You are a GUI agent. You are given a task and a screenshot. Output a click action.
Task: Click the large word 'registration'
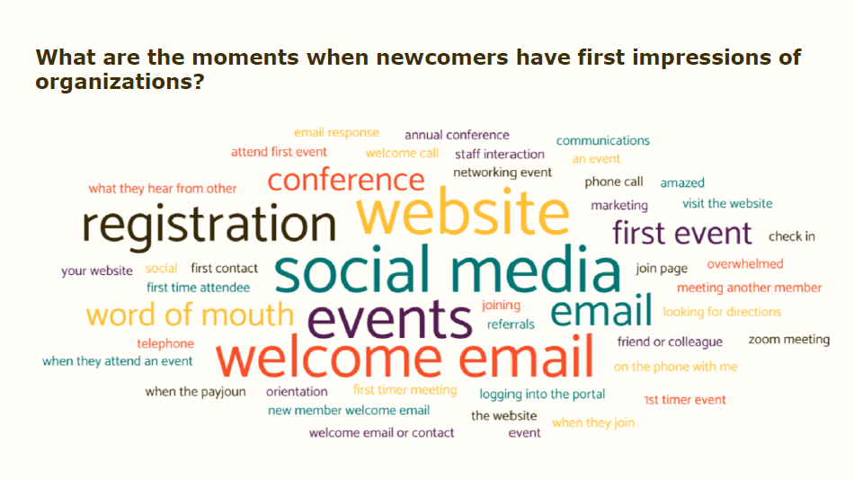[209, 226]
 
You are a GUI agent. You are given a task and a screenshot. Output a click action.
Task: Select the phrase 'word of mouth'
[190, 315]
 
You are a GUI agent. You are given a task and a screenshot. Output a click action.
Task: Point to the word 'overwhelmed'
[744, 264]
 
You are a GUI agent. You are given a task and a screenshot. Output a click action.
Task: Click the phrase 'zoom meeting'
[788, 340]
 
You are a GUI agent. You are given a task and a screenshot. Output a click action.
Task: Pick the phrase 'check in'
[791, 236]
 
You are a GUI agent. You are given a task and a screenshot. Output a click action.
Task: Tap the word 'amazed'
[682, 182]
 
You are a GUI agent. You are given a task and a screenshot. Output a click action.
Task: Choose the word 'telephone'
[165, 343]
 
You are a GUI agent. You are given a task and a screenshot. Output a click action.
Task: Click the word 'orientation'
[297, 392]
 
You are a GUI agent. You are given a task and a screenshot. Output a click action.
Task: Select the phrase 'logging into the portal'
[542, 394]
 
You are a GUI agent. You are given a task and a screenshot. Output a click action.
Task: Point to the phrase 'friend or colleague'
[670, 342]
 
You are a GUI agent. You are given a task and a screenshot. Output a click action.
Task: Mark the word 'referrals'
[511, 324]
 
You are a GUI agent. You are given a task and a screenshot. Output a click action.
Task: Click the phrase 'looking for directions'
[722, 312]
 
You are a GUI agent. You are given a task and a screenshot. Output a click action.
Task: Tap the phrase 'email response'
[336, 133]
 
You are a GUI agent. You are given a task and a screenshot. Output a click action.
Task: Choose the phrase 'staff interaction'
[499, 154]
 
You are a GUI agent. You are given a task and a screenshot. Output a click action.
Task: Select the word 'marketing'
[619, 205]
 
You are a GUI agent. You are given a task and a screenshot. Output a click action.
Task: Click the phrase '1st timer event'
[684, 400]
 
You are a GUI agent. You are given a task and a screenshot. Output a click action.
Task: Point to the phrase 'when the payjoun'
[195, 392]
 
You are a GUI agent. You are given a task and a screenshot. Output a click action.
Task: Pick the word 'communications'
[602, 140]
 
